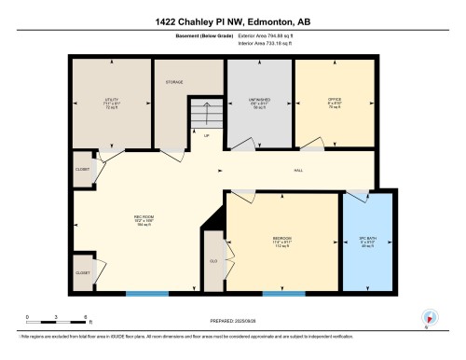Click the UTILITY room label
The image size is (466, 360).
112,101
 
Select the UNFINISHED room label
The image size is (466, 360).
260,101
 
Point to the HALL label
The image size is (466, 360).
298,170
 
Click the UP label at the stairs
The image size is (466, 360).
206,134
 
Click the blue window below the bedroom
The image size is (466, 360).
283,295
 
